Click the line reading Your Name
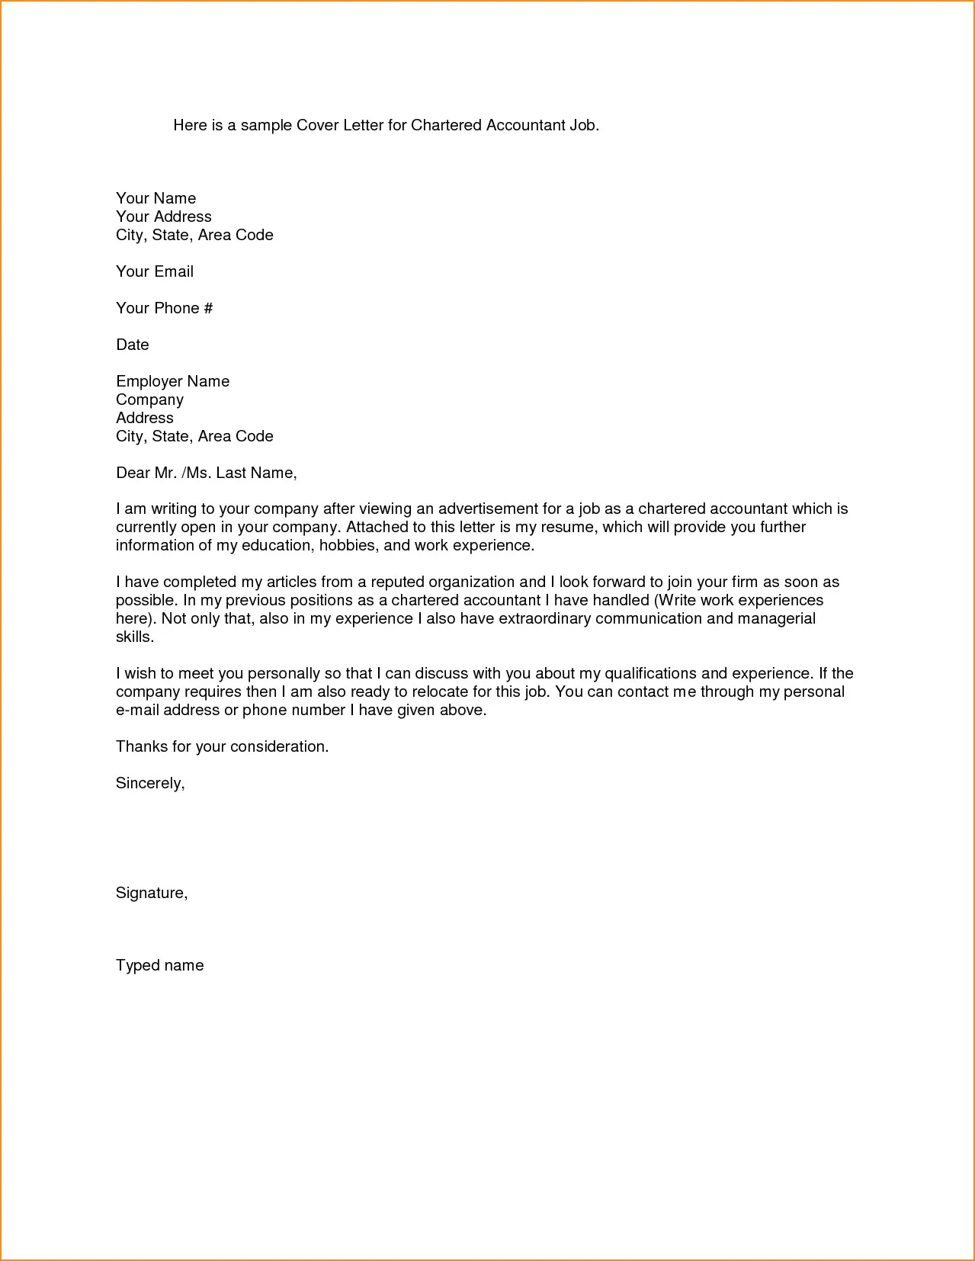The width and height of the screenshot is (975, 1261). tap(156, 198)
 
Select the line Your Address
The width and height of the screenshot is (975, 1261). tap(163, 217)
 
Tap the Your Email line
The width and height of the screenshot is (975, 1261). tap(154, 271)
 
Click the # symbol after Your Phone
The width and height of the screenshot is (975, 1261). tap(208, 308)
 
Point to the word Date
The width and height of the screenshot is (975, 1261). tap(132, 345)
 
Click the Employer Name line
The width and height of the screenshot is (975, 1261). tap(172, 381)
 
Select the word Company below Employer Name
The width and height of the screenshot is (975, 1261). tap(149, 399)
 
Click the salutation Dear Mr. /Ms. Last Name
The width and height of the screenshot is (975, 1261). tap(206, 473)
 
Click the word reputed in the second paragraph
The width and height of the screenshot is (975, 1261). tap(397, 582)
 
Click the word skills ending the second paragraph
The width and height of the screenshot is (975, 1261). tap(134, 637)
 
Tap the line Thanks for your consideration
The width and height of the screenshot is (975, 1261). tap(222, 746)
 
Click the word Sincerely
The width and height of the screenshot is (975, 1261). tap(149, 783)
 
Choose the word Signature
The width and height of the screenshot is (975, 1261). tap(151, 893)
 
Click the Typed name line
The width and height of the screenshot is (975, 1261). tap(159, 965)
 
